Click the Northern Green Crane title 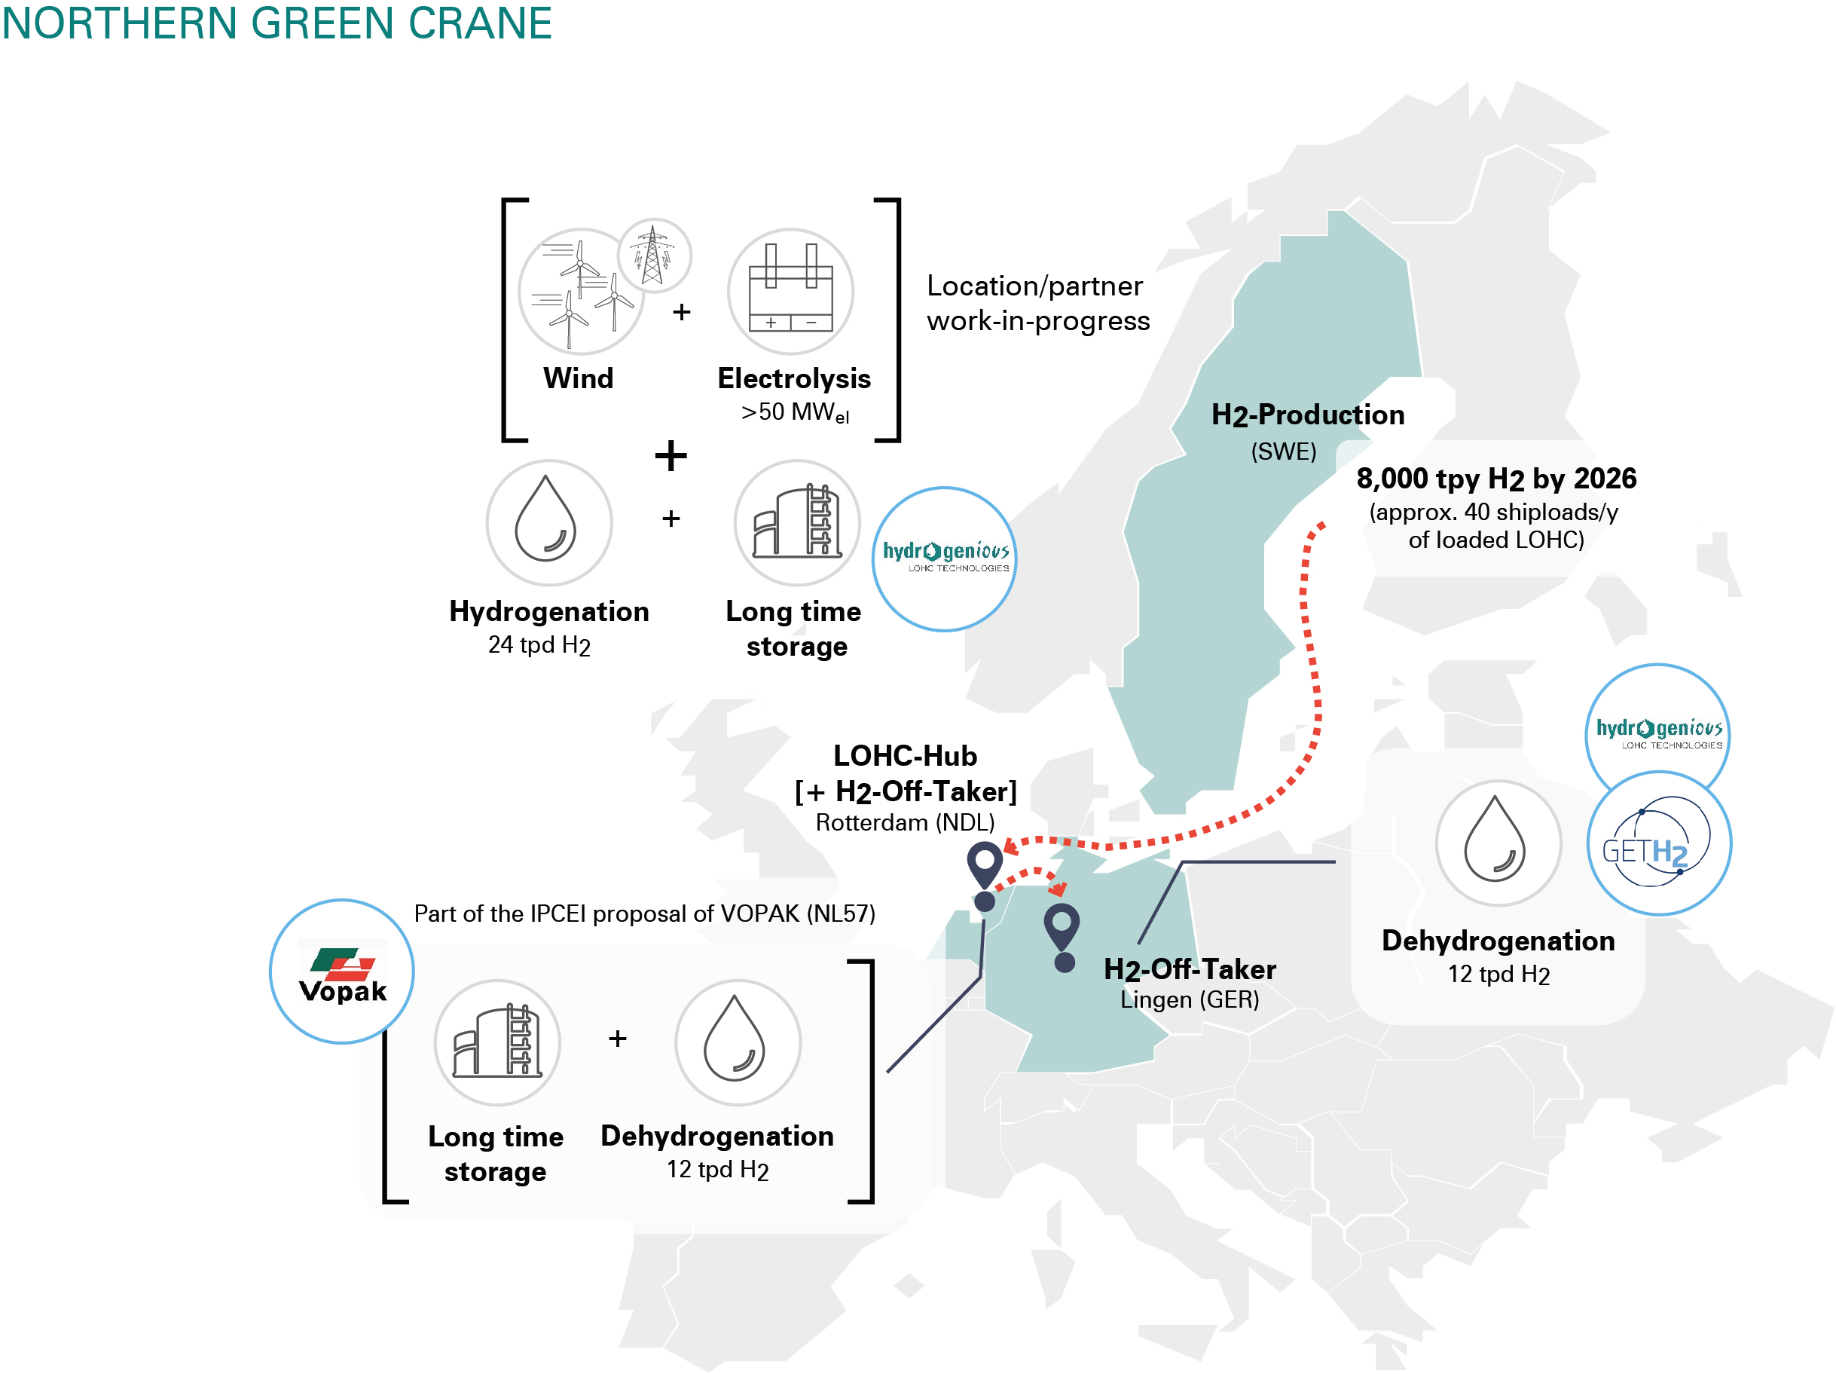tap(276, 23)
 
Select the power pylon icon tap(654, 255)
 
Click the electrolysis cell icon tap(790, 292)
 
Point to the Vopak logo tap(342, 972)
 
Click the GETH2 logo tap(1658, 843)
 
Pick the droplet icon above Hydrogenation tap(548, 522)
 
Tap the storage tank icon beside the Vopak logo tap(497, 1042)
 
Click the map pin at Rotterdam tap(985, 867)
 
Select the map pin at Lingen tap(1062, 928)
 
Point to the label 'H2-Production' tap(1307, 415)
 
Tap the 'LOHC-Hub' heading tap(905, 755)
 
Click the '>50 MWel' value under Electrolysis tap(794, 412)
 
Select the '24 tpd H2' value tap(539, 645)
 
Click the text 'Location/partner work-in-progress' tap(1037, 303)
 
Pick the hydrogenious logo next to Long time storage tap(945, 558)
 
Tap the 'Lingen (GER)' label tap(1190, 999)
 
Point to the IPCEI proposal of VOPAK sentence tap(644, 913)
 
